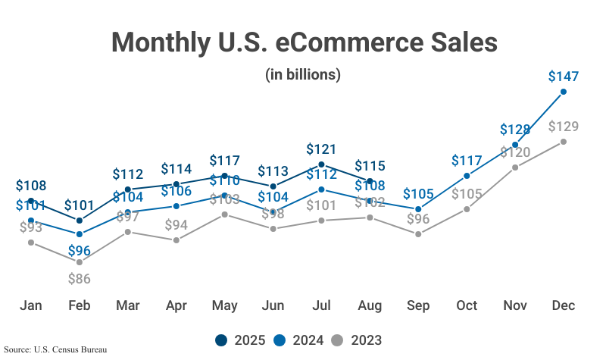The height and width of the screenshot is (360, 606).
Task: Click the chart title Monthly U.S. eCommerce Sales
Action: [x=303, y=42]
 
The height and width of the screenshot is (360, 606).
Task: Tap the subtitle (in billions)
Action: [x=303, y=74]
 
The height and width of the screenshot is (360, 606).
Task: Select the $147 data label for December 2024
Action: [x=564, y=77]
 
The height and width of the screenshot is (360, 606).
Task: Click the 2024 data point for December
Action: [x=564, y=92]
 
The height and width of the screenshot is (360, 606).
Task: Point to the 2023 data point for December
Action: [x=564, y=142]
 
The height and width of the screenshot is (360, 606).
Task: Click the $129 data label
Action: [x=564, y=126]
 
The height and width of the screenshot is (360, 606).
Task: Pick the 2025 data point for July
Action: [x=321, y=164]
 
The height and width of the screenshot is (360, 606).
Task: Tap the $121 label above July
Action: [x=321, y=149]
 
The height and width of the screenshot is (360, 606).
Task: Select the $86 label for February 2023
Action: [x=79, y=278]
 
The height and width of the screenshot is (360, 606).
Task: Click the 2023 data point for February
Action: [x=79, y=262]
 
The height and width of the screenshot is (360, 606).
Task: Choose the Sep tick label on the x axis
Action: [x=418, y=305]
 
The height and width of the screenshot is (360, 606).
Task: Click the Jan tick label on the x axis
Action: [x=30, y=305]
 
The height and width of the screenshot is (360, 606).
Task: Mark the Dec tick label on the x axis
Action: [x=564, y=305]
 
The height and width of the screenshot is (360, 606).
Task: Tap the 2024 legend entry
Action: [x=300, y=340]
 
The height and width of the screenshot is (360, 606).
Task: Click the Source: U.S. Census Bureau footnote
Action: [x=55, y=350]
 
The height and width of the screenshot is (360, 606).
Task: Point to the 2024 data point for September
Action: [x=418, y=209]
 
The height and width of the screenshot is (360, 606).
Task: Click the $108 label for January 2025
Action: [x=30, y=186]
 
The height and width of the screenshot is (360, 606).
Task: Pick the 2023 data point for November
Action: [x=515, y=167]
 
